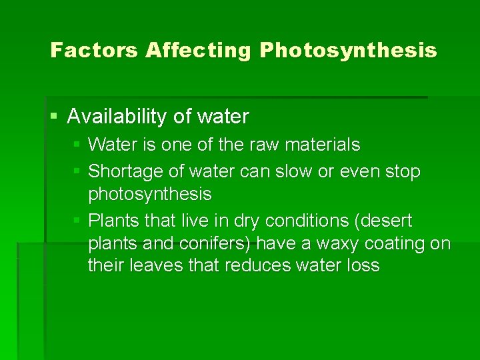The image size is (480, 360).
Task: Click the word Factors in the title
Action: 94,50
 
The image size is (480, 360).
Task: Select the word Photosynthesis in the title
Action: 349,50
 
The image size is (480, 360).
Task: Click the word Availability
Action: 117,117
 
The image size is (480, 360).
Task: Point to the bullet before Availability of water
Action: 54,117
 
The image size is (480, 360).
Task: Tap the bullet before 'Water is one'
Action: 77,144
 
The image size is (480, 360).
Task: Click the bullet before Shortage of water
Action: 77,171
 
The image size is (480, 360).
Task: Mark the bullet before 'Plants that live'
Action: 77,221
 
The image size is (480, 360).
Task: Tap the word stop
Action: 403,172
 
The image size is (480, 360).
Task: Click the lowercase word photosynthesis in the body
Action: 149,195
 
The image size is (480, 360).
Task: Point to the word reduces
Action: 256,265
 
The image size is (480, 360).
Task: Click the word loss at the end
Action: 364,265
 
